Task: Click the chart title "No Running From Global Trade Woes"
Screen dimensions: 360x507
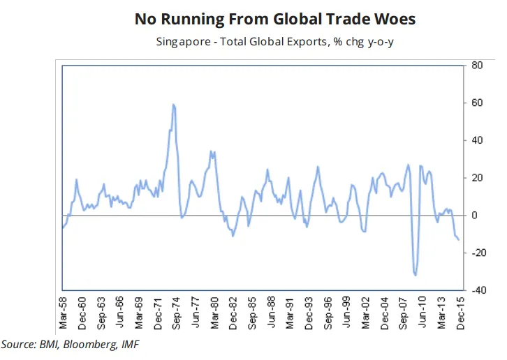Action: (x=274, y=19)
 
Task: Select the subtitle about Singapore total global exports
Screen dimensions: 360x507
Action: (x=274, y=41)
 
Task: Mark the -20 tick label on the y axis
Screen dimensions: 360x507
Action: (x=478, y=253)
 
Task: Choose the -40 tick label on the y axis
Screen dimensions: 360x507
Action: (x=478, y=290)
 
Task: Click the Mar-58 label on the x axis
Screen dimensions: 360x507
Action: (x=64, y=312)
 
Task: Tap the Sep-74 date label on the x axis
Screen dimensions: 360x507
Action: (x=178, y=312)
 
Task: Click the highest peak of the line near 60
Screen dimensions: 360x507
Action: (x=173, y=105)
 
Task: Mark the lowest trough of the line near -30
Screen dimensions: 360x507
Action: (x=416, y=275)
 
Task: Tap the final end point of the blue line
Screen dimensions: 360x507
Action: (x=459, y=240)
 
